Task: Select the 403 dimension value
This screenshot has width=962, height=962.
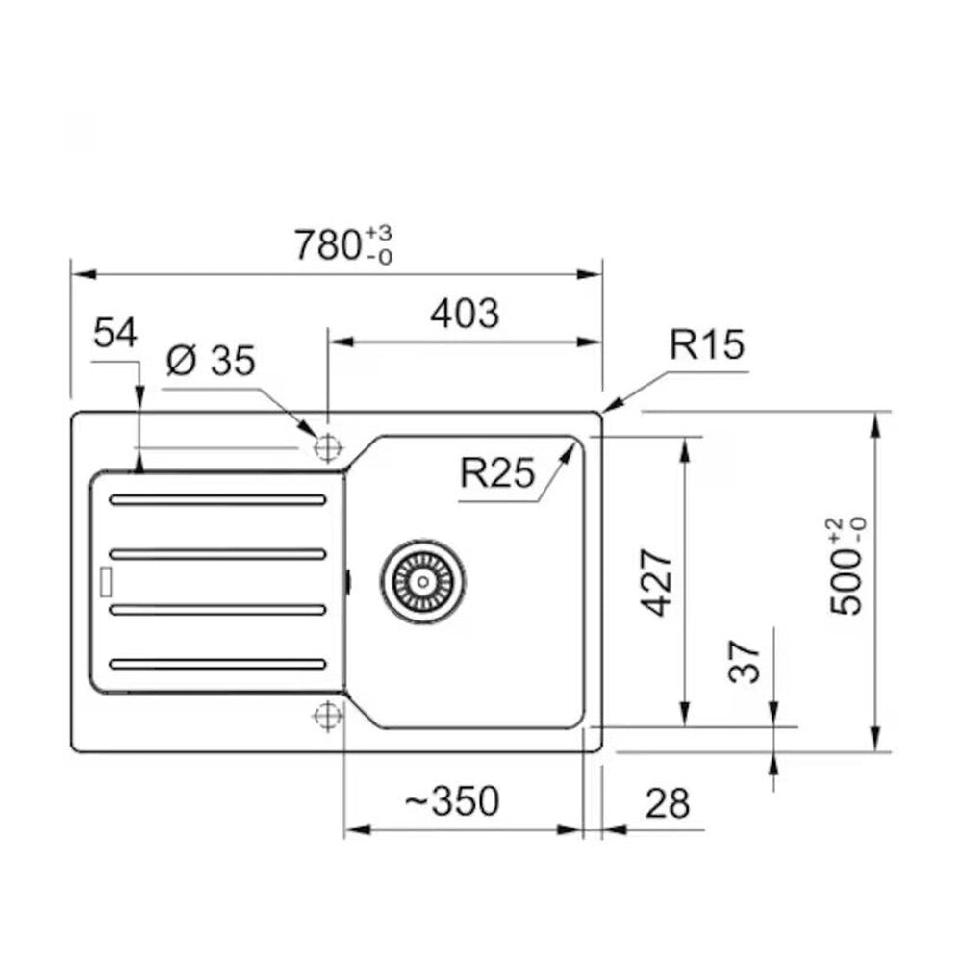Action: tap(465, 314)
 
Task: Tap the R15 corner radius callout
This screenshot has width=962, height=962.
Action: tap(707, 344)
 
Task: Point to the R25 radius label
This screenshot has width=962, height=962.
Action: tap(497, 473)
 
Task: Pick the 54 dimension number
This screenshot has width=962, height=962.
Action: tap(115, 334)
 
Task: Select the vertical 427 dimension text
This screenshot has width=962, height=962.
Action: tap(656, 582)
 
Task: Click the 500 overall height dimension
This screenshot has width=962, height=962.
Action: tap(848, 567)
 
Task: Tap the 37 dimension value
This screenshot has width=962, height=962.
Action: tap(745, 662)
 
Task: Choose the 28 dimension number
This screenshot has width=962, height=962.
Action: tap(668, 803)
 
